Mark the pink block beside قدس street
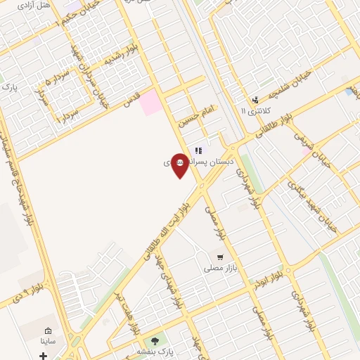(150, 103)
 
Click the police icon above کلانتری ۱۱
(255, 100)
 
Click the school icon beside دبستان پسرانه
(199, 150)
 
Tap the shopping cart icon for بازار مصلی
(221, 257)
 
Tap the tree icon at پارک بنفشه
(155, 340)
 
